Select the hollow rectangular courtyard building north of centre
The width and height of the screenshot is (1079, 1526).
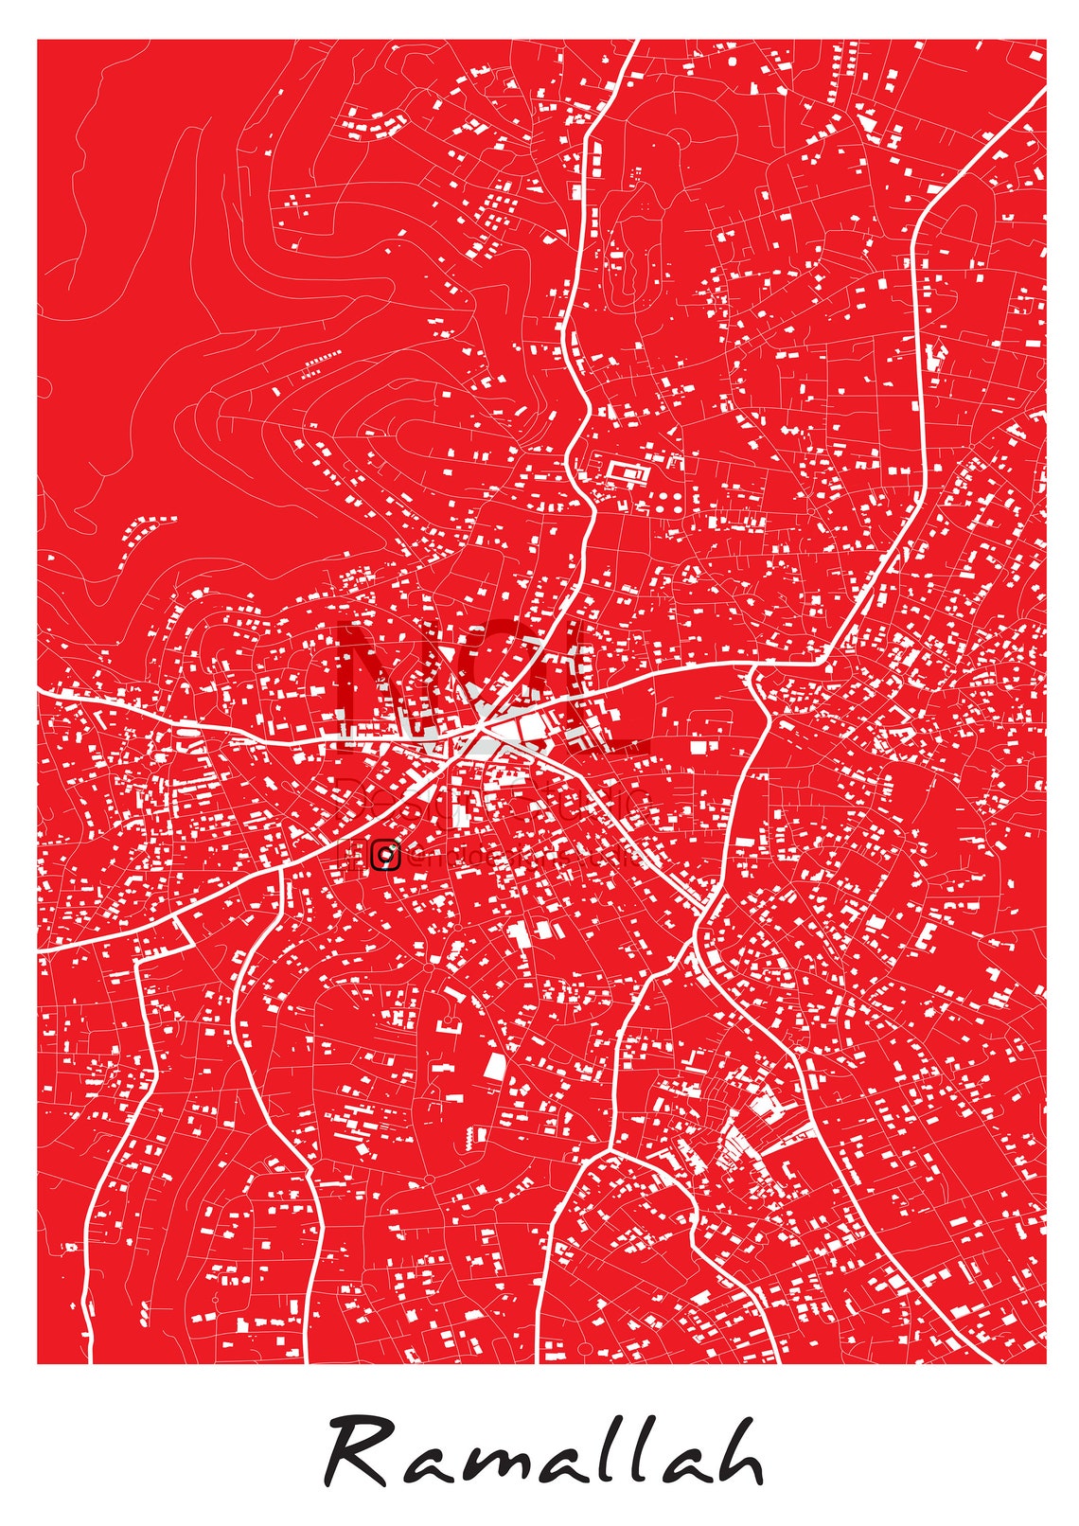pos(625,471)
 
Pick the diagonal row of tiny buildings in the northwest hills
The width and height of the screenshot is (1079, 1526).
pos(322,363)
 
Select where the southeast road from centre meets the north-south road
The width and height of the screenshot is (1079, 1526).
pos(704,912)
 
